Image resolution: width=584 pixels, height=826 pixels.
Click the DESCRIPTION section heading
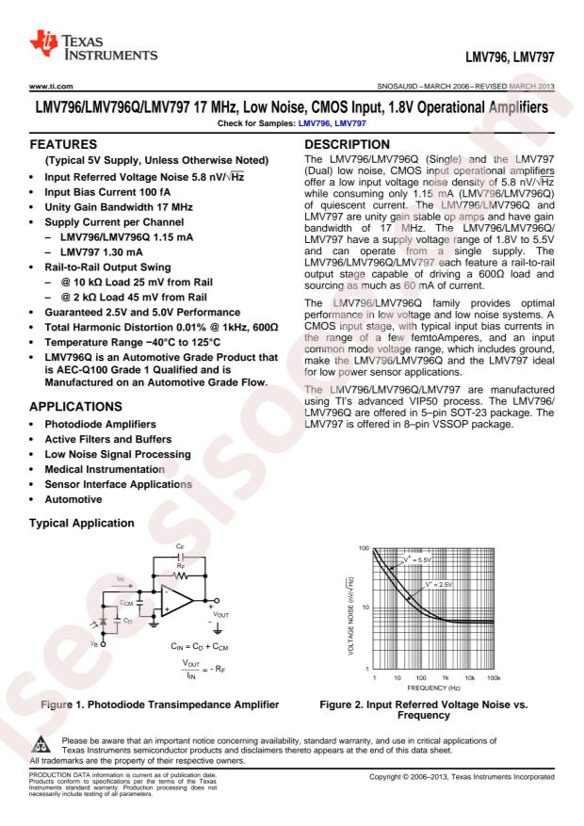point(346,149)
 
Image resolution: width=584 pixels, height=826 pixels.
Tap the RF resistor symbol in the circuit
point(182,572)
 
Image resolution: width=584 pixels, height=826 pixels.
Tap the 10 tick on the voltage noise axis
point(365,608)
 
